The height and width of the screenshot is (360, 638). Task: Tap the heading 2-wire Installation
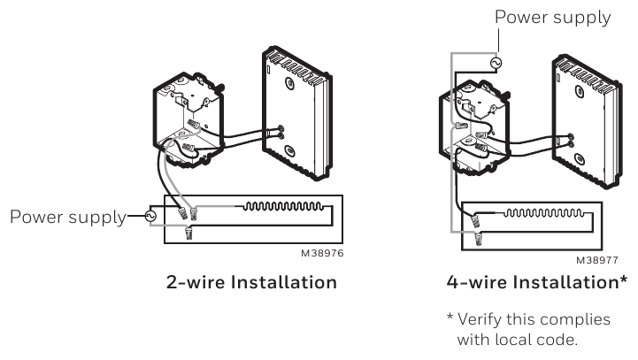tap(252, 283)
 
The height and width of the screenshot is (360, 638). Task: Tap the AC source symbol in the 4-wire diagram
tap(496, 64)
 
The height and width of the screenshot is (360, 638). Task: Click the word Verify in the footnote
tap(483, 318)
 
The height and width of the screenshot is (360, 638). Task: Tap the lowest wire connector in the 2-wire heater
tap(189, 234)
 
